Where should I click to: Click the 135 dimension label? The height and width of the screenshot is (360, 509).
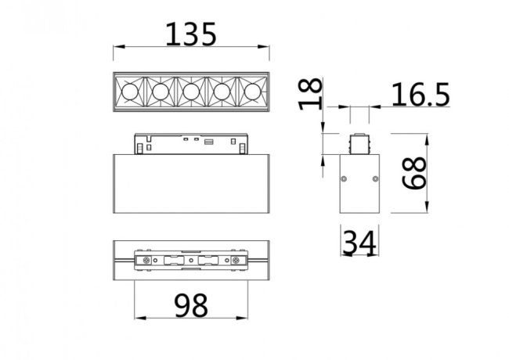point(190,34)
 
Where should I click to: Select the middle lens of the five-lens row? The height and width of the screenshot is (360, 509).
point(190,92)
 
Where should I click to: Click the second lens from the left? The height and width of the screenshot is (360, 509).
point(161,92)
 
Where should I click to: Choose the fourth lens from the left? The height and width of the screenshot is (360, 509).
point(221,92)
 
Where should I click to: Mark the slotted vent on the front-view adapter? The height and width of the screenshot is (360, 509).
point(209,142)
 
